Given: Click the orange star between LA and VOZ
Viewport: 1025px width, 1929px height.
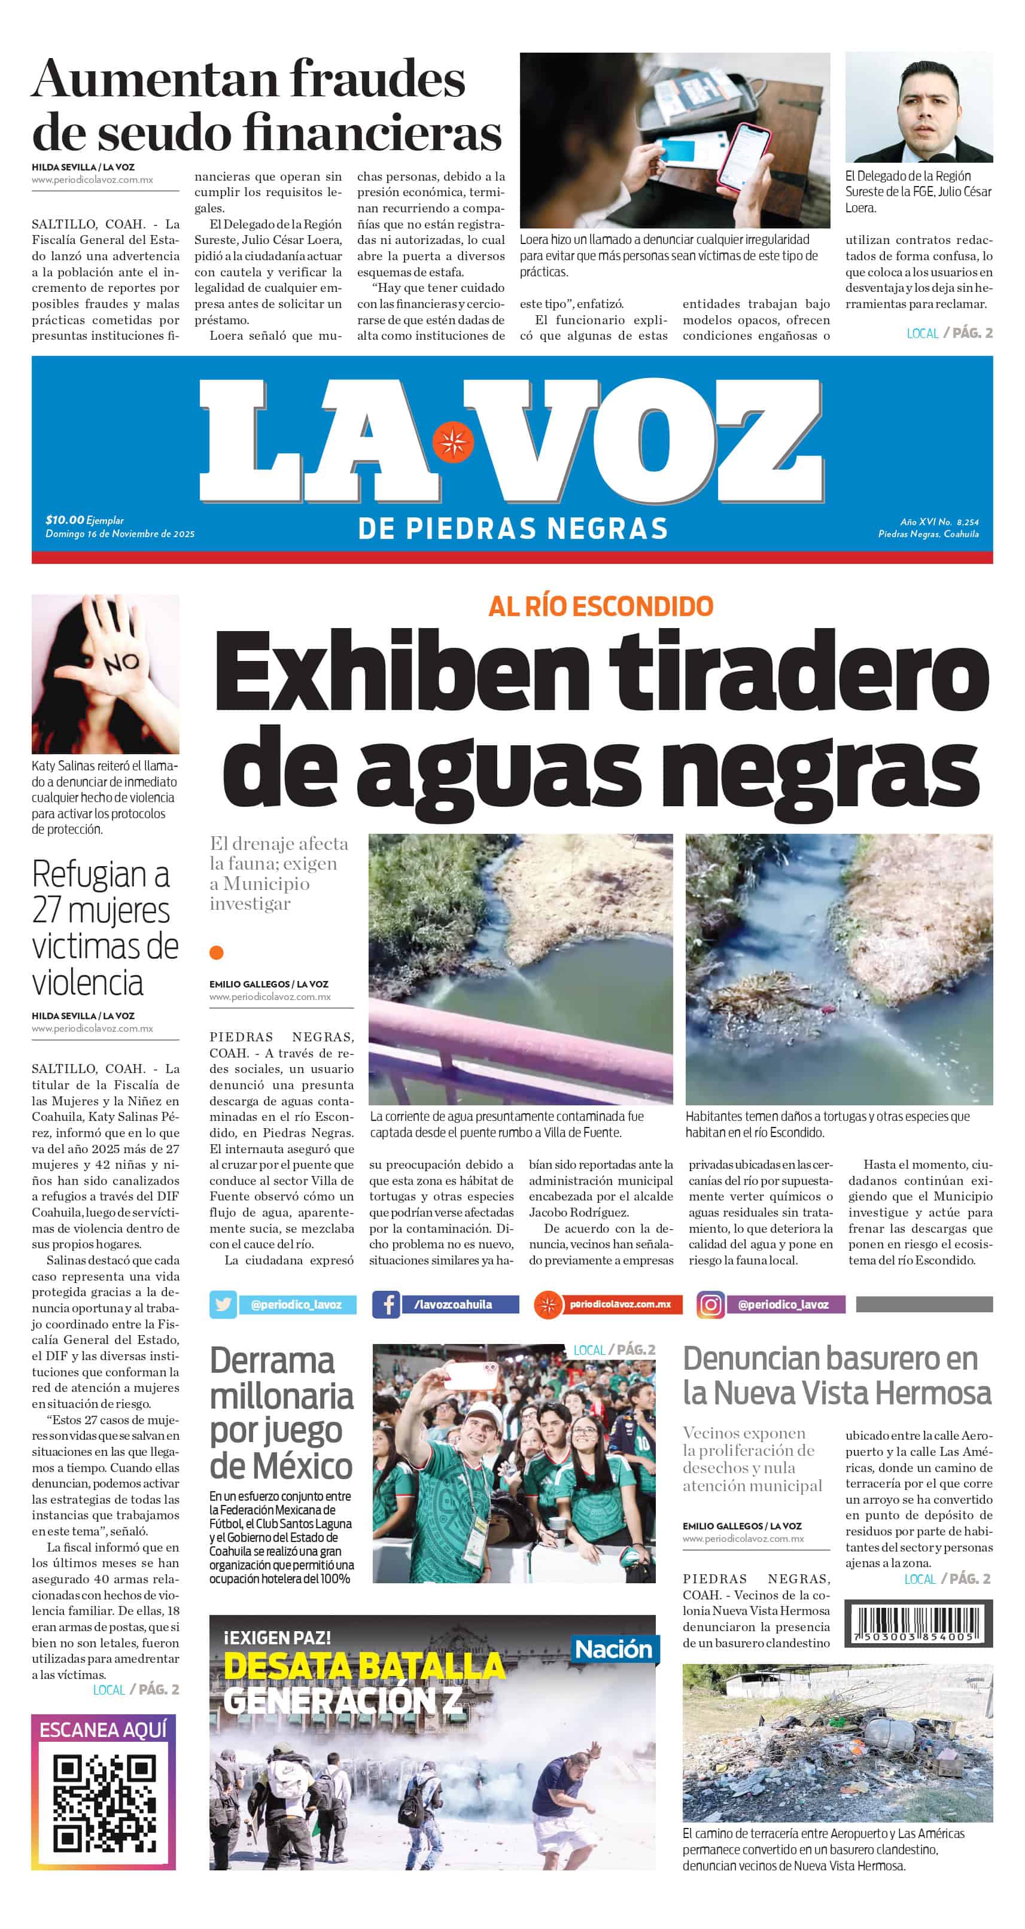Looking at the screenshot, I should click(452, 443).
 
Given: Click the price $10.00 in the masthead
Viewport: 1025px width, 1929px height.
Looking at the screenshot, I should click(65, 520).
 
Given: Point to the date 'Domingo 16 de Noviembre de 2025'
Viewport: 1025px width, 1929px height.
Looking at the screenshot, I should click(120, 534).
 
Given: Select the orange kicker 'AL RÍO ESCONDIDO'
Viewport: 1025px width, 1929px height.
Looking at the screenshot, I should click(600, 607).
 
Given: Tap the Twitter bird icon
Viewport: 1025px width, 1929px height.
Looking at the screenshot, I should click(223, 1305).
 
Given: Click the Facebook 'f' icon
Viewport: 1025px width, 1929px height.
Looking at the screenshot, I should click(387, 1305).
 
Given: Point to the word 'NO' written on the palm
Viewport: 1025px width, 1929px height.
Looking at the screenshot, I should click(121, 663).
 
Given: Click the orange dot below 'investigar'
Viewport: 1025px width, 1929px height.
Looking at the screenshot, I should click(217, 952).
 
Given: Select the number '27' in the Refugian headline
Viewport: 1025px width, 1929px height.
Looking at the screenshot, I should click(48, 910).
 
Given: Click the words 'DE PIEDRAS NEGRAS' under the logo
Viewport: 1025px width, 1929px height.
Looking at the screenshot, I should click(512, 529).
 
